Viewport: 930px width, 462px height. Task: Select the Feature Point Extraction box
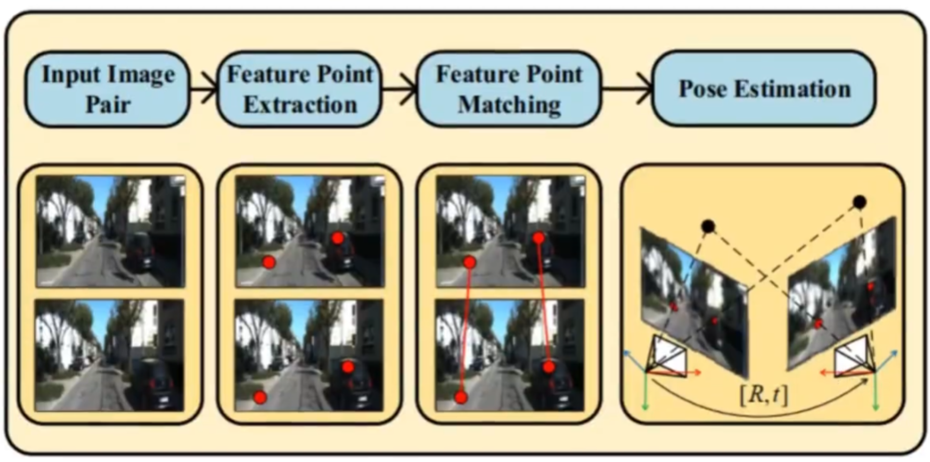[301, 89]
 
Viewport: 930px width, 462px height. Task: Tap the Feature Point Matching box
[509, 89]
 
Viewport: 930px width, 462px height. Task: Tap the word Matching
[509, 105]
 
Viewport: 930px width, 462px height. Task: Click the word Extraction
[301, 105]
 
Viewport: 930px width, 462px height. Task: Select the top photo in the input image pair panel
[109, 231]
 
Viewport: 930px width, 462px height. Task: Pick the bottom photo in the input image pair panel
[109, 355]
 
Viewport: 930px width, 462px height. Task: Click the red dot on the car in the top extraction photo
[337, 238]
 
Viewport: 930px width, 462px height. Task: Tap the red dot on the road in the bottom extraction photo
[260, 398]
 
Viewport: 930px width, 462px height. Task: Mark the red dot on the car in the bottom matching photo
[549, 367]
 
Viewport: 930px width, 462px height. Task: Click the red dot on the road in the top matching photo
[470, 262]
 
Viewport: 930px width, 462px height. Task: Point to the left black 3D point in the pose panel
[707, 227]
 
